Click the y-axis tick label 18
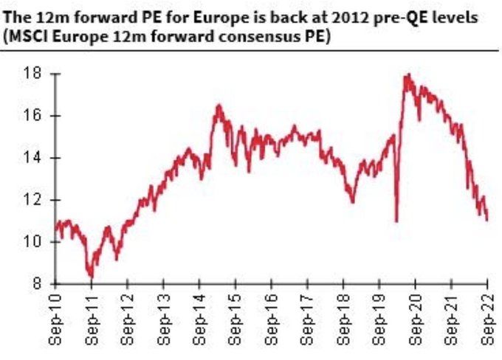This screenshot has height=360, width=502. pyautogui.click(x=31, y=74)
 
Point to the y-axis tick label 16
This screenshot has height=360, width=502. pyautogui.click(x=31, y=116)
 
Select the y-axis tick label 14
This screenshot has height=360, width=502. pyautogui.click(x=31, y=158)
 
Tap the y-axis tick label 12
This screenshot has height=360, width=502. pyautogui.click(x=31, y=200)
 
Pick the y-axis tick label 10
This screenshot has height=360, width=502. pyautogui.click(x=31, y=242)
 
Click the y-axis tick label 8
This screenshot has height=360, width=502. pyautogui.click(x=35, y=284)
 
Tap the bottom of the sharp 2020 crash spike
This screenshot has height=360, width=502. pyautogui.click(x=396, y=221)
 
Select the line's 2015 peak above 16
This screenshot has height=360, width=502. pyautogui.click(x=219, y=105)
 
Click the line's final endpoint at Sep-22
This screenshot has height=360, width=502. pyautogui.click(x=487, y=220)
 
